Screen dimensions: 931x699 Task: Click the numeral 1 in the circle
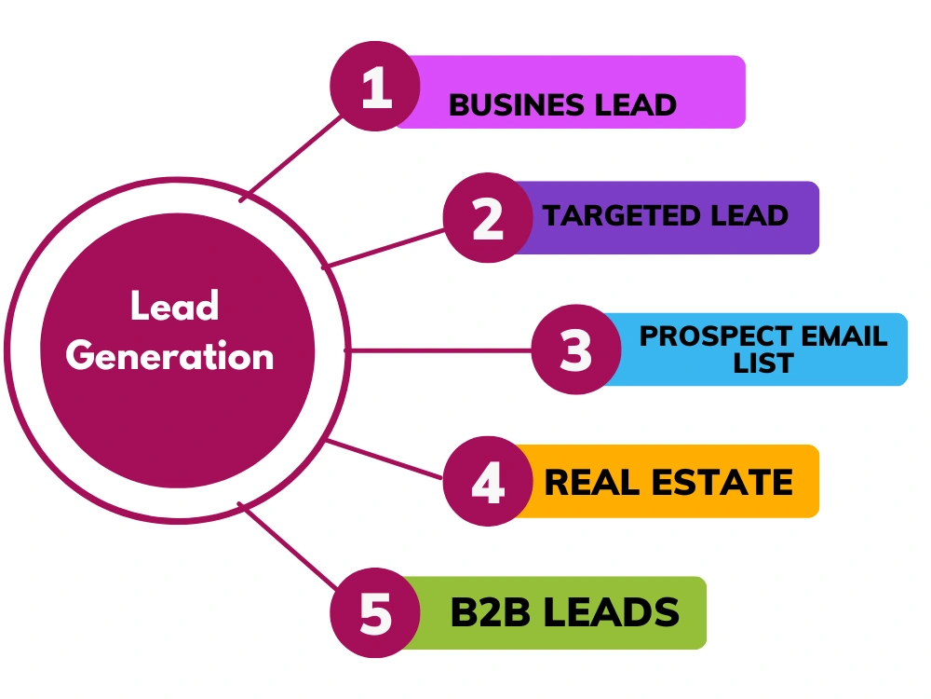pos(377,87)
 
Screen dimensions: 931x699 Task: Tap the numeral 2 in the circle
pos(488,218)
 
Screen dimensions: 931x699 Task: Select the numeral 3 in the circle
pos(576,350)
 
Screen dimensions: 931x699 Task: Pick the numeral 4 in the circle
pos(488,482)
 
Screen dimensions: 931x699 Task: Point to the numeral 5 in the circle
pos(376,613)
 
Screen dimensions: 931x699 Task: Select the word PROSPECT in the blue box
pos(715,336)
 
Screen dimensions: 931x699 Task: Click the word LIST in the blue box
pos(763,363)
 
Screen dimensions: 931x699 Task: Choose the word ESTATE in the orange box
pos(722,482)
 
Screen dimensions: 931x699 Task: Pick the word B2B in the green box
pos(490,612)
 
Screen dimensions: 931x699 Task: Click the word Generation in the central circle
pos(169,356)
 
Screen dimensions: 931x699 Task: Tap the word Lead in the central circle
pos(175,306)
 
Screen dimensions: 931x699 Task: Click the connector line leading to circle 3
pos(439,350)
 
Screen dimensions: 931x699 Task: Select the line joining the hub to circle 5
pos(289,546)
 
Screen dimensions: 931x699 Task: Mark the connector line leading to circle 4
pos(385,459)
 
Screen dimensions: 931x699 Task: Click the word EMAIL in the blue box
pos(844,336)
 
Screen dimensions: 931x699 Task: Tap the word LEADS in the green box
pos(611,612)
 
